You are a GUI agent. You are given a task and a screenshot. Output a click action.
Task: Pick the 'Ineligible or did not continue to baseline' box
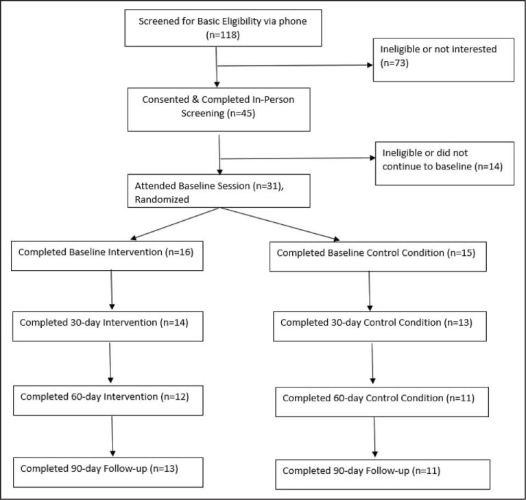pyautogui.click(x=444, y=163)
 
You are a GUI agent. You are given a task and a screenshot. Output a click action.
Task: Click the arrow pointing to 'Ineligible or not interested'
pyautogui.click(x=295, y=66)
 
